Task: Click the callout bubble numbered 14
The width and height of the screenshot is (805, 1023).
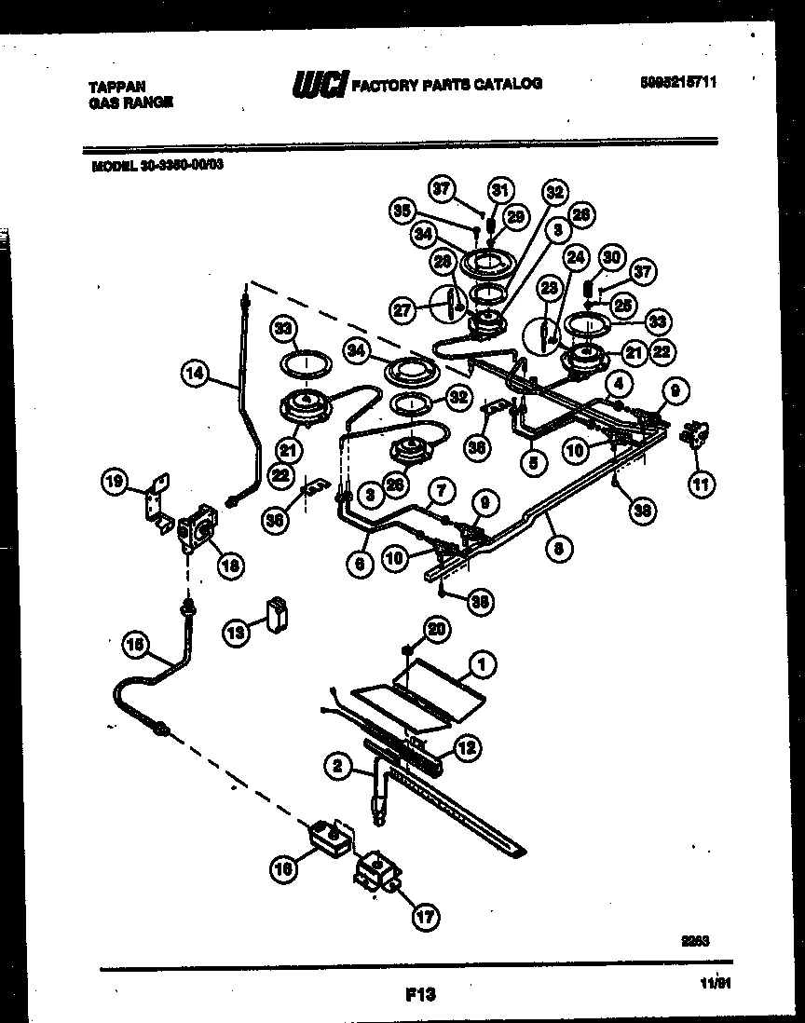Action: coord(193,375)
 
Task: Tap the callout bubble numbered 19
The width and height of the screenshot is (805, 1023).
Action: coord(115,482)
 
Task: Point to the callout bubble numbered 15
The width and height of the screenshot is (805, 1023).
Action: coord(136,642)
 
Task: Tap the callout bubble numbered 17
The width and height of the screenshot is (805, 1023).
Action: coord(424,918)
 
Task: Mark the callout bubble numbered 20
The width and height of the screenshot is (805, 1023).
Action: coord(436,631)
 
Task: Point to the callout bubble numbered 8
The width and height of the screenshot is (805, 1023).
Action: coord(557,550)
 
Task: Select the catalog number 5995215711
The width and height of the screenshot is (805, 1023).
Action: coord(677,82)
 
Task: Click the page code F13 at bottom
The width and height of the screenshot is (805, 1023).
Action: coord(420,995)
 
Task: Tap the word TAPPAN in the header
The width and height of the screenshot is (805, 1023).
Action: coord(111,85)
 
